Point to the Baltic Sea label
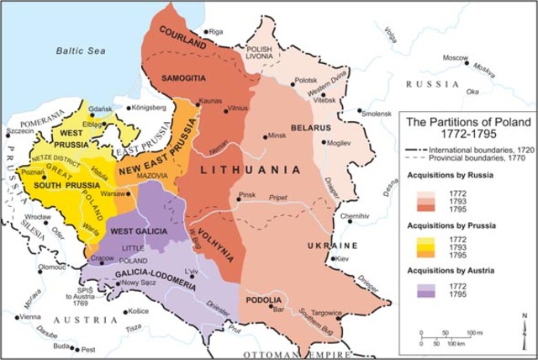(x=82, y=50)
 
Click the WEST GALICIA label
(x=137, y=230)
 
